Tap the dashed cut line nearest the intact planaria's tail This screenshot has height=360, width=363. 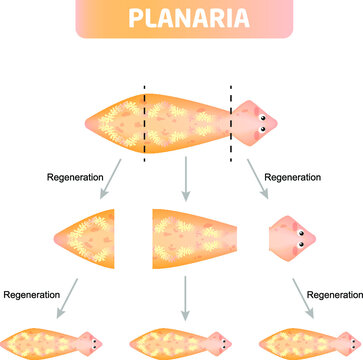(x=146, y=120)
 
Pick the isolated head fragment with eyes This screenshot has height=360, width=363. (x=293, y=237)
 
